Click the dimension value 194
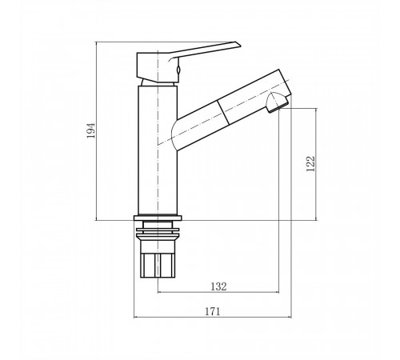pyautogui.click(x=91, y=130)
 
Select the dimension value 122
pyautogui.click(x=310, y=164)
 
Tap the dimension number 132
pyautogui.click(x=218, y=286)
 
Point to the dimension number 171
pyautogui.click(x=213, y=311)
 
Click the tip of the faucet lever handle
pyautogui.click(x=239, y=44)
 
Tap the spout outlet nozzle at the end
pyautogui.click(x=278, y=102)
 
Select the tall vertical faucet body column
pyautogui.click(x=158, y=150)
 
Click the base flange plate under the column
pyautogui.click(x=158, y=218)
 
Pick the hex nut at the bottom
pyautogui.click(x=158, y=266)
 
